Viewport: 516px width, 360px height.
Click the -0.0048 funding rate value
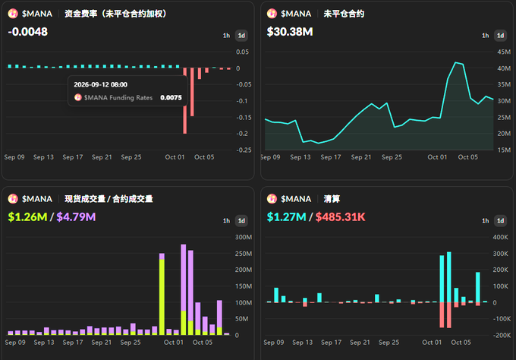click(x=27, y=32)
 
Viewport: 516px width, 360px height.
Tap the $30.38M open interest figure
click(x=290, y=32)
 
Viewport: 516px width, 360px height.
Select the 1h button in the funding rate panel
click(x=226, y=36)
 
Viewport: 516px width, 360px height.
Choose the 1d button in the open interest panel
click(x=500, y=36)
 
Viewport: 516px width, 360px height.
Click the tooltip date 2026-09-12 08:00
click(x=100, y=84)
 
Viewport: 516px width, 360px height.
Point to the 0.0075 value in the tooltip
click(x=171, y=97)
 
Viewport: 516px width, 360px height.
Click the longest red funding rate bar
click(x=185, y=101)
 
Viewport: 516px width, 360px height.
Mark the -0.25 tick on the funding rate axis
click(x=244, y=150)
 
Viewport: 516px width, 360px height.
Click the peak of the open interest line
click(x=456, y=62)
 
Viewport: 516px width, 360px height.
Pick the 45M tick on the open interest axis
click(x=504, y=52)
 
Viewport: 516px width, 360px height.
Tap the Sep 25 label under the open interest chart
click(x=392, y=157)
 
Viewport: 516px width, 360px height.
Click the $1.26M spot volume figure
click(x=27, y=217)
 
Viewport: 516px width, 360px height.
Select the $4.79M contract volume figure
click(x=76, y=217)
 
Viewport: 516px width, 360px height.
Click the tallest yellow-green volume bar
click(x=162, y=297)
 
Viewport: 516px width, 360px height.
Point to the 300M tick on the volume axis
click(x=244, y=237)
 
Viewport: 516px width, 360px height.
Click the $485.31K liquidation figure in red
click(x=340, y=217)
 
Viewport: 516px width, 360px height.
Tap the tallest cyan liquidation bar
click(x=449, y=277)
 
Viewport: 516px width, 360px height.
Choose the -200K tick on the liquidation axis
click(x=502, y=335)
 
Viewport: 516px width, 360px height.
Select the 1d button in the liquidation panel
click(x=500, y=221)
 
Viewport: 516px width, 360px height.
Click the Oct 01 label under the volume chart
click(x=174, y=343)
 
